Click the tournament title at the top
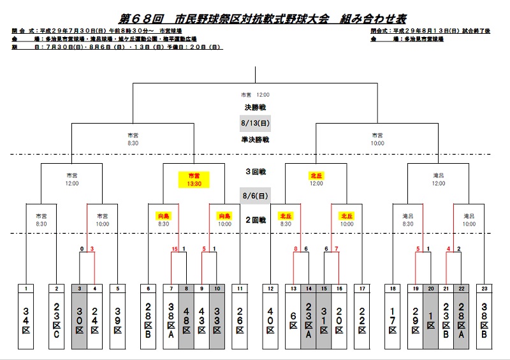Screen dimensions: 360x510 pos(254,18)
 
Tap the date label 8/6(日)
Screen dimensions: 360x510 pos(254,196)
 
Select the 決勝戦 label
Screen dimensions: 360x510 pos(254,106)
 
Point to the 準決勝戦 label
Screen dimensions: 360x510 pos(254,139)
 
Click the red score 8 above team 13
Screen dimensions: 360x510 pos(296,248)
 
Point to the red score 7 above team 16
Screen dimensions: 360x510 pos(337,248)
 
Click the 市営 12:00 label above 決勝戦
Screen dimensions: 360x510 pos(254,94)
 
